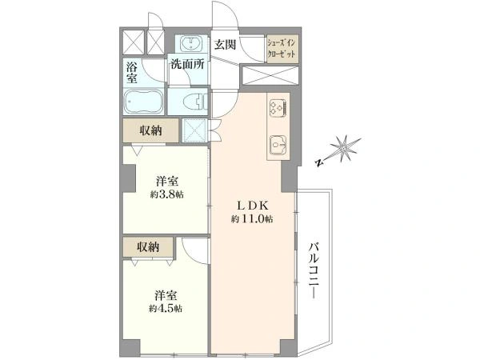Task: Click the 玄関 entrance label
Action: tap(225, 45)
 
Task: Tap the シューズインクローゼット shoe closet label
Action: tap(282, 49)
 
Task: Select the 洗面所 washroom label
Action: tap(187, 64)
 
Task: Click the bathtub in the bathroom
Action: tap(143, 102)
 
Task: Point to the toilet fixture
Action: tap(195, 102)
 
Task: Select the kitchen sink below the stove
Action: tap(278, 145)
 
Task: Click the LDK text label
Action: tap(253, 206)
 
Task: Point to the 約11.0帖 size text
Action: tap(252, 219)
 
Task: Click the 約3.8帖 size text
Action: tap(167, 194)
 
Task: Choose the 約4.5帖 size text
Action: tap(166, 309)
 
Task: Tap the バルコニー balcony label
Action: tap(314, 270)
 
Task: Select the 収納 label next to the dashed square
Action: tap(150, 130)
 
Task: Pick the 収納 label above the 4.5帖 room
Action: tap(148, 246)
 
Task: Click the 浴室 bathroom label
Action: tap(132, 73)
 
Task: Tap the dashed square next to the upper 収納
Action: tap(195, 130)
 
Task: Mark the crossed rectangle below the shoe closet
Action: tap(270, 75)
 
